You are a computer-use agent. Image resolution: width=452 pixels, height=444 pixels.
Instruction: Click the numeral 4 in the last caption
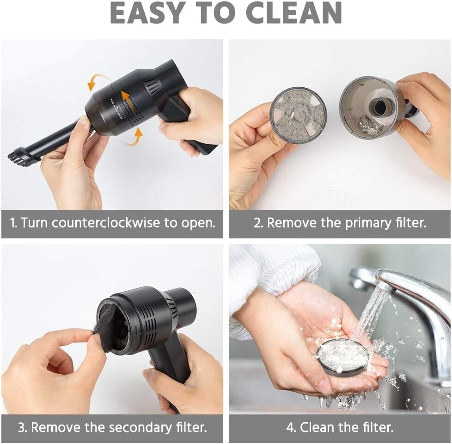point(290,427)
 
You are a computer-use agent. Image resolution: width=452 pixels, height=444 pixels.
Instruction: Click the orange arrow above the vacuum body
point(98,81)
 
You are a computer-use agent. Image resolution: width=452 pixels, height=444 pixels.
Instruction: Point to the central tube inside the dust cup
point(379,107)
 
